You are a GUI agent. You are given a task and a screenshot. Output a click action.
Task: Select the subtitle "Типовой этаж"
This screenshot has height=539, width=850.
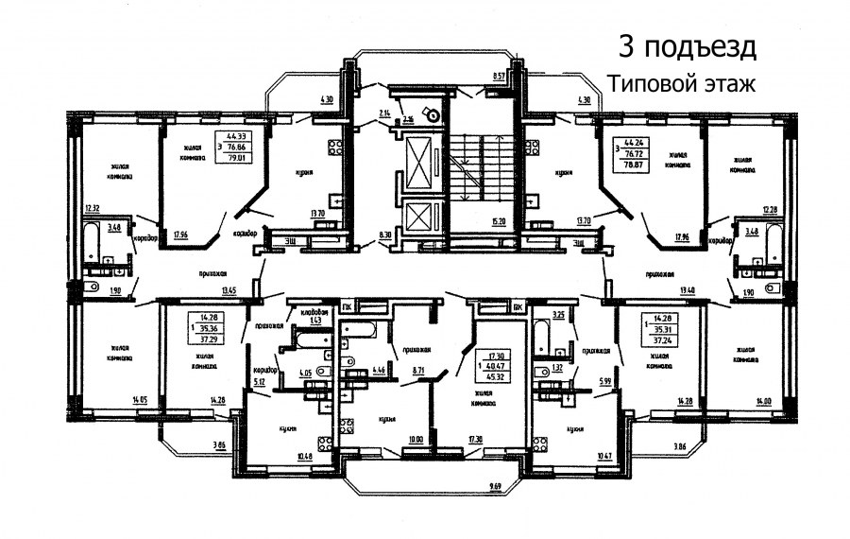coord(682,83)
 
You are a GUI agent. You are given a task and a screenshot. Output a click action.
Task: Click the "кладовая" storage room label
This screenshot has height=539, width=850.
coord(314,312)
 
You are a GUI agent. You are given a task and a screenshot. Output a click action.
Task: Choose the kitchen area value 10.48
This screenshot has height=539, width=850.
coord(305,458)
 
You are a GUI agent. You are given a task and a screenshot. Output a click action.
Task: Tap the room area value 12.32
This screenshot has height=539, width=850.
coord(92,208)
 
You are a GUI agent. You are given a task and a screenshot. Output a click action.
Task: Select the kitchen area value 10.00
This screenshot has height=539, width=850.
coord(416,439)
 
